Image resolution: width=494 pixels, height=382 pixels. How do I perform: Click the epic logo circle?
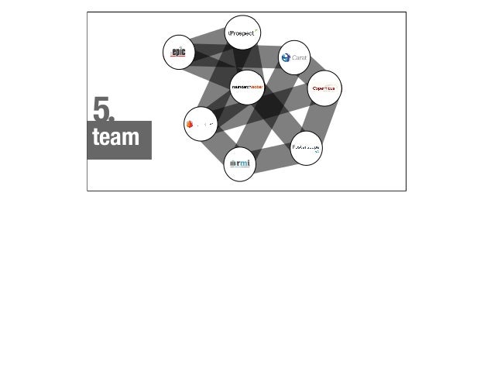click(179, 52)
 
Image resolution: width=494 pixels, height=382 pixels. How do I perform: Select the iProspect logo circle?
click(242, 33)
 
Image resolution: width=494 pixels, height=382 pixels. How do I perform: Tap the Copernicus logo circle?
click(324, 88)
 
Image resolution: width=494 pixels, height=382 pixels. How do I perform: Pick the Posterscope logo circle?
click(307, 146)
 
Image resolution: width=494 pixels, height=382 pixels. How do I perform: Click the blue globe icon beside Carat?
click(286, 57)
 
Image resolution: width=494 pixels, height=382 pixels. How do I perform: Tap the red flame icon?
click(190, 122)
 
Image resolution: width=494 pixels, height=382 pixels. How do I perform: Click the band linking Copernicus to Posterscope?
click(317, 117)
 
